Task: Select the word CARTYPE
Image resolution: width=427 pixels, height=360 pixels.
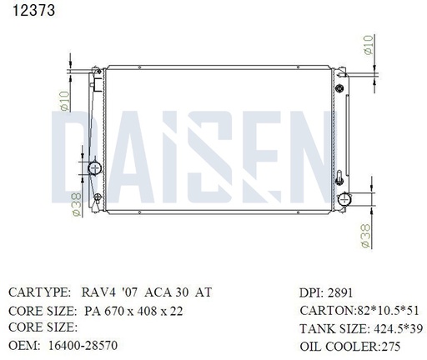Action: point(38,293)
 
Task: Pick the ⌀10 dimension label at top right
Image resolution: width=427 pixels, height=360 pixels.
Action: point(368,43)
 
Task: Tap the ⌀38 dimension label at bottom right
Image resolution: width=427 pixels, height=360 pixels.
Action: point(366,237)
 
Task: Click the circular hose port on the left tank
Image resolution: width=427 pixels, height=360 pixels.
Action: point(94,169)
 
